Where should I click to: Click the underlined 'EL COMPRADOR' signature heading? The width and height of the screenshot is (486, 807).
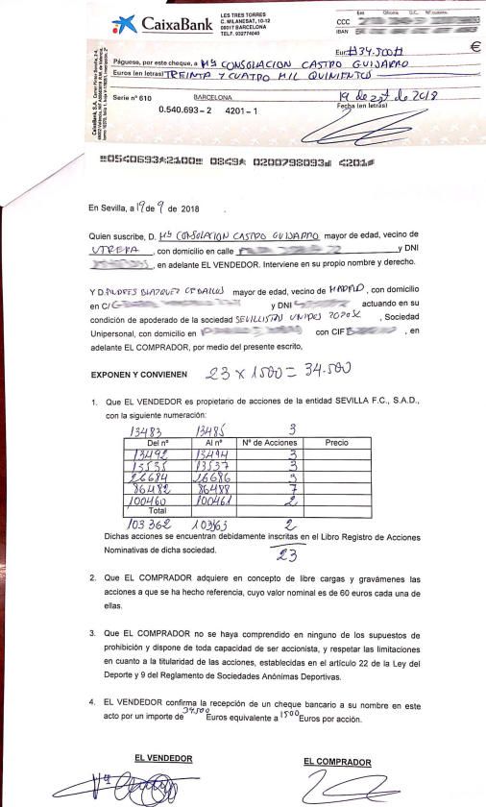tap(337, 762)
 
